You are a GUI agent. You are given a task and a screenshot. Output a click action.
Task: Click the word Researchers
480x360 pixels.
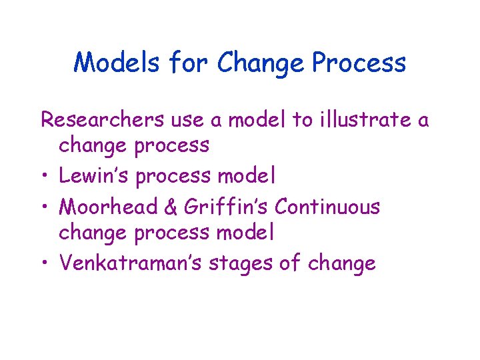pyautogui.click(x=101, y=120)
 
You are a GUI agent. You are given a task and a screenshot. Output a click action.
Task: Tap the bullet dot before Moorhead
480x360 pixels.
pyautogui.click(x=45, y=207)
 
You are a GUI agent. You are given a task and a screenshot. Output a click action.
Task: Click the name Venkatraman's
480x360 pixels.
pyautogui.click(x=131, y=263)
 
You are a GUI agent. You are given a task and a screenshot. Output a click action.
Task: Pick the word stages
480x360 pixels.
pyautogui.click(x=241, y=264)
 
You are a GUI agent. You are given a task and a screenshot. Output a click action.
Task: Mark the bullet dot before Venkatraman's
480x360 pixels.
pyautogui.click(x=45, y=264)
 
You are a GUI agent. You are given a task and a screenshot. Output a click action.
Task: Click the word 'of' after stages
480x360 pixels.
pyautogui.click(x=290, y=263)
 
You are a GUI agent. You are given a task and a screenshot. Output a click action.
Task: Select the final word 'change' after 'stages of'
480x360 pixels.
pyautogui.click(x=341, y=264)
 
